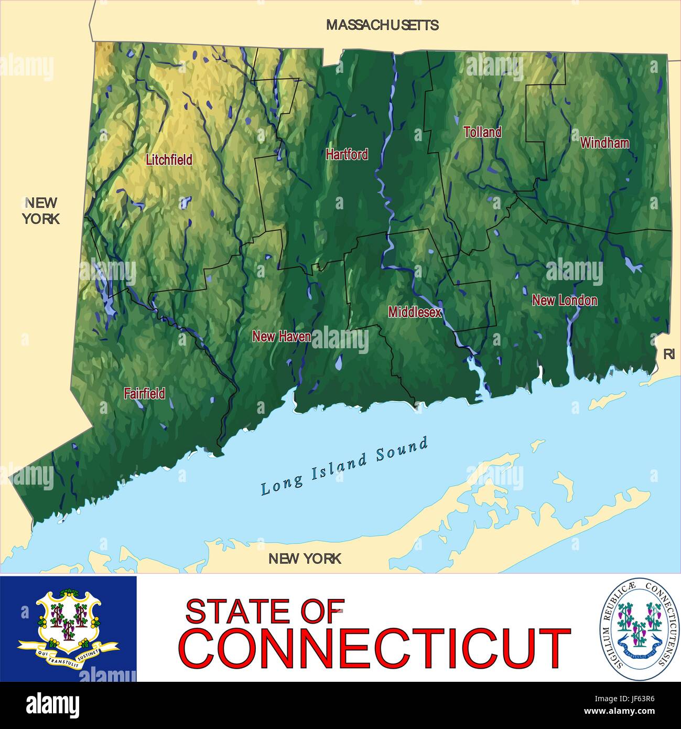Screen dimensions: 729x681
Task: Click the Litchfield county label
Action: pos(169,159)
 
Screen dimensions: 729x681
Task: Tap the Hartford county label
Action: pos(347,154)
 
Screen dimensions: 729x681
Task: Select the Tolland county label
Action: pos(482,132)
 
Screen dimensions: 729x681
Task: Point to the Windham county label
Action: pos(604,143)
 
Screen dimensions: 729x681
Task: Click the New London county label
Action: pos(564,301)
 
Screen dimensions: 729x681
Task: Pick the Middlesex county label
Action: pos(415,312)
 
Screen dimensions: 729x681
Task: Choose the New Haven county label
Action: pos(282,337)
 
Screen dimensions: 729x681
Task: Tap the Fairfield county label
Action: pos(145,393)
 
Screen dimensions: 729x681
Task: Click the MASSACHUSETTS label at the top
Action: pos(382,25)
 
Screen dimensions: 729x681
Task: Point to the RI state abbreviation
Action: pos(668,355)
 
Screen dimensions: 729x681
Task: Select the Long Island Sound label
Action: pos(344,466)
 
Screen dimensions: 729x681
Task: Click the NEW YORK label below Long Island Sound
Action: pos(305,559)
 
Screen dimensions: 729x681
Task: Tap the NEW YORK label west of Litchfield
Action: pos(41,210)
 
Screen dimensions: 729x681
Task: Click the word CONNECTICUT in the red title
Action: pos(374,649)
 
